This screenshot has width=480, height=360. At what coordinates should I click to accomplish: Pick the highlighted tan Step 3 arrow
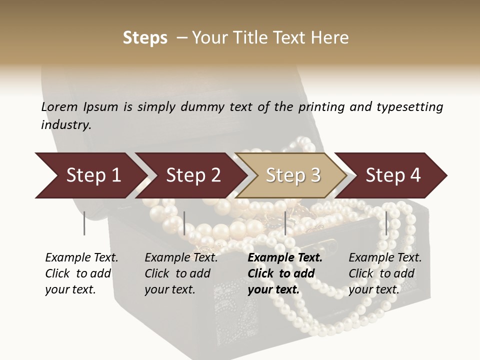click(x=292, y=175)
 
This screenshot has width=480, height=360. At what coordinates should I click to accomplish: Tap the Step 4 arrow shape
click(x=392, y=175)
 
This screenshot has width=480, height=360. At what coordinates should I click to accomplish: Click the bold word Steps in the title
click(x=145, y=38)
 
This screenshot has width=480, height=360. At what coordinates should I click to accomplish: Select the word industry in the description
click(x=65, y=124)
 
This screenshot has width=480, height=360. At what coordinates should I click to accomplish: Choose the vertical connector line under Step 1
click(x=84, y=223)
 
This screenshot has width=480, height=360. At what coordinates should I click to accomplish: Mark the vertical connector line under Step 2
click(x=184, y=223)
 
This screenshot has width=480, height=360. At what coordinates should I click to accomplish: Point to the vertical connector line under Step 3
click(x=285, y=223)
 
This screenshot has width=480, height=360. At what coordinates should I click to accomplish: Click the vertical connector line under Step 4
click(x=386, y=223)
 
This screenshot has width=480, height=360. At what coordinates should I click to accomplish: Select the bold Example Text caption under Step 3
click(x=285, y=273)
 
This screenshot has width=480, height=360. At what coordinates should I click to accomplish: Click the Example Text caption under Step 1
click(x=81, y=273)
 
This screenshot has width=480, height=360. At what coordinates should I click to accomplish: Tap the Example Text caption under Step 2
click(x=181, y=273)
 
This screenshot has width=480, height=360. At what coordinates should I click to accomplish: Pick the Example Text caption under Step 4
click(x=385, y=273)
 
